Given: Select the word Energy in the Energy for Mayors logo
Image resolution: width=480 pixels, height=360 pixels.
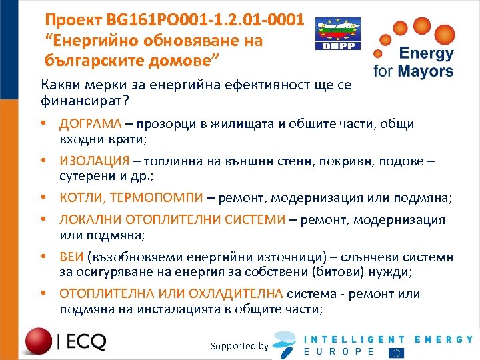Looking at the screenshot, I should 426,54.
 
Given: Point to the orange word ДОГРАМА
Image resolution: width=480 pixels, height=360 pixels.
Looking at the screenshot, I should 90,124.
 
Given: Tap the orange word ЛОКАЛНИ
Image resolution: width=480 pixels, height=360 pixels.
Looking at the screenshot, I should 89,219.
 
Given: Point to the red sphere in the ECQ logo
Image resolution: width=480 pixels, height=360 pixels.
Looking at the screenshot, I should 38,341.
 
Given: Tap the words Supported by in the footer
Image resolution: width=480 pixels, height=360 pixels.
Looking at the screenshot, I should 239,346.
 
